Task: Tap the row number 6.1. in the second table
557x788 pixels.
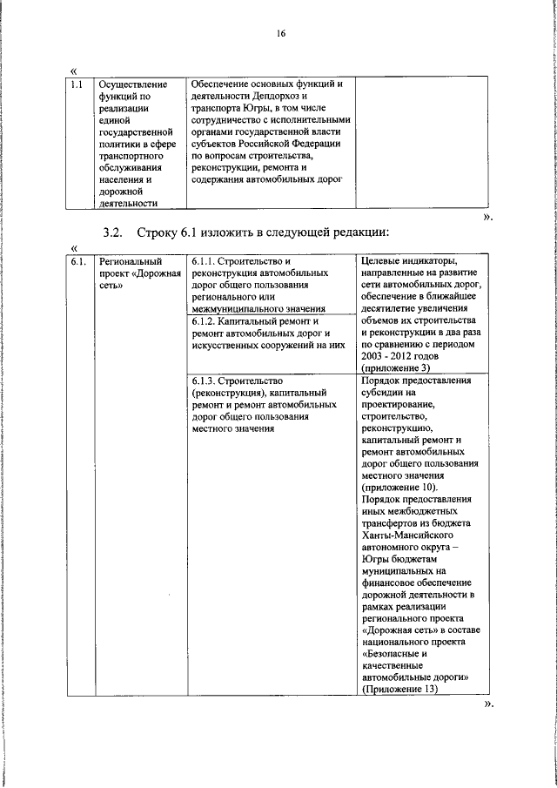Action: point(77,260)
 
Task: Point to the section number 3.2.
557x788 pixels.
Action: point(114,232)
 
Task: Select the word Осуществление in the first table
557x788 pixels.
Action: point(129,84)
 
